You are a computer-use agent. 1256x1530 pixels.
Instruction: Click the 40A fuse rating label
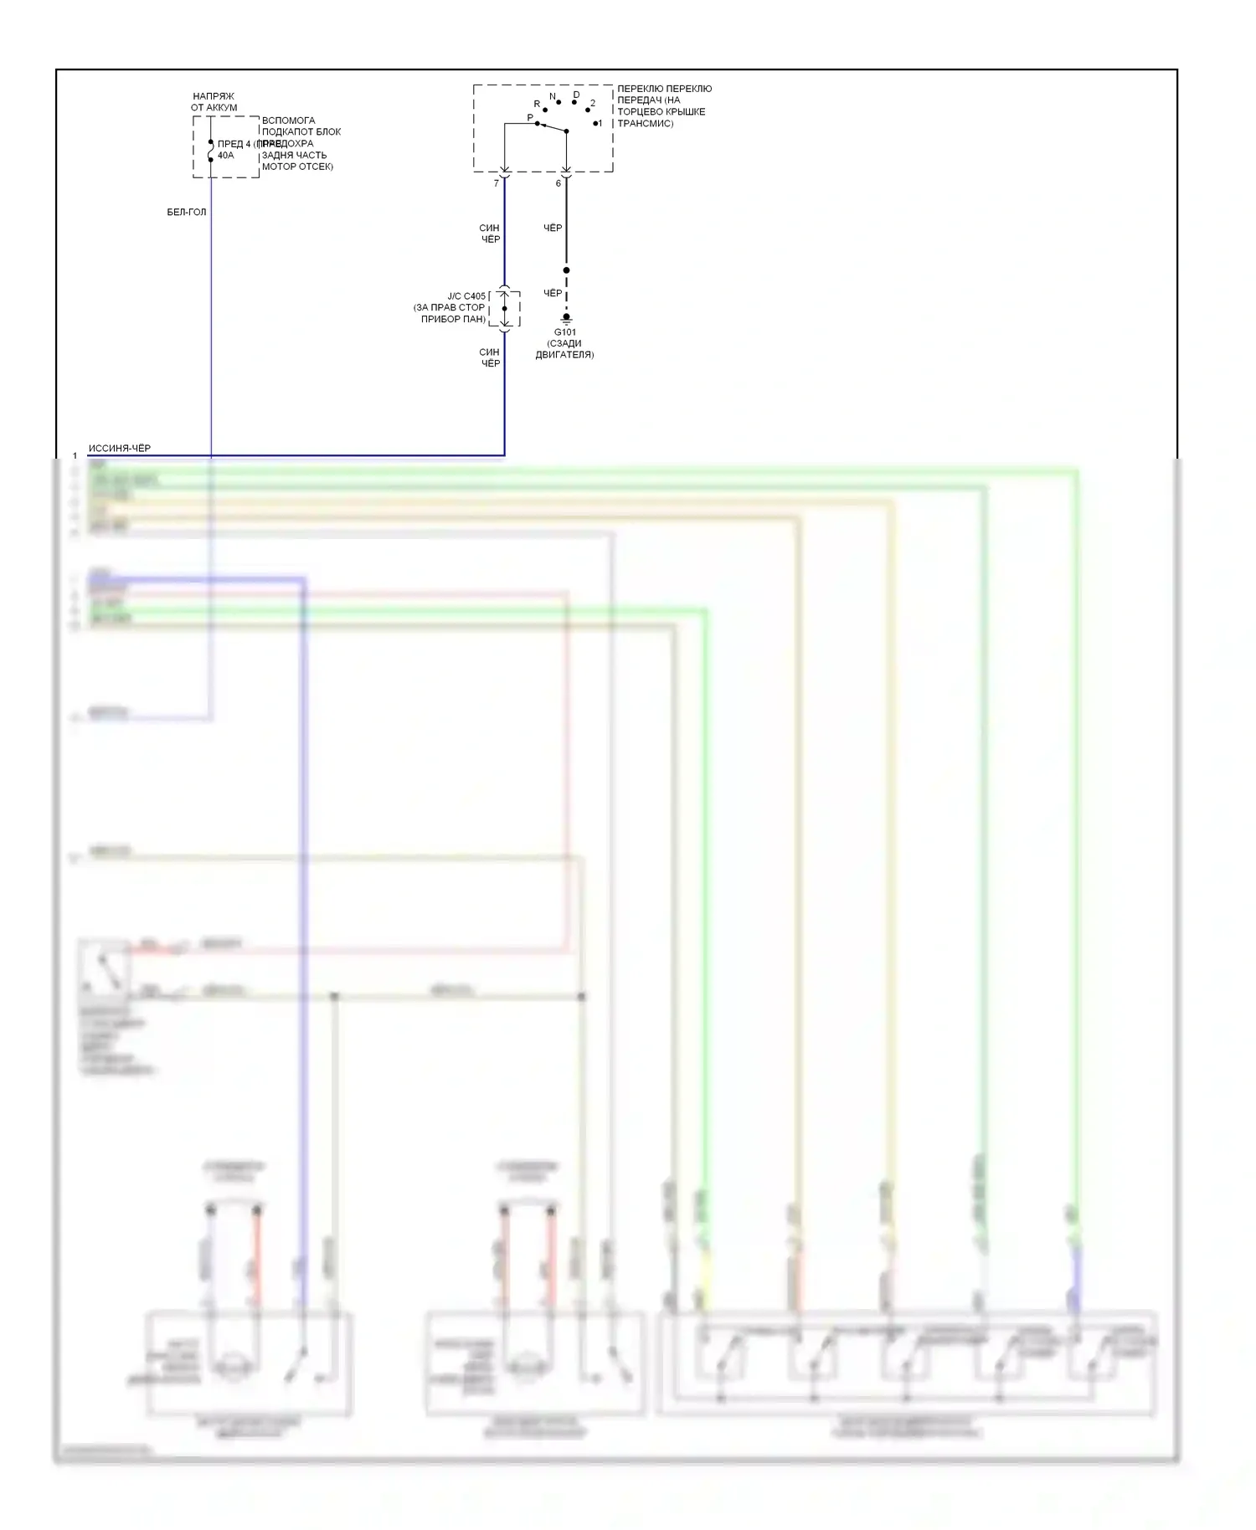tap(225, 156)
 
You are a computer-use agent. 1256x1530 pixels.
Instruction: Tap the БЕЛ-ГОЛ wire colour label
tap(186, 213)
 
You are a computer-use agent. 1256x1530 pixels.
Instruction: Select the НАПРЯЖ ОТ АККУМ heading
tap(214, 102)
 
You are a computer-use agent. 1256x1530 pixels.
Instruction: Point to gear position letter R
tap(538, 105)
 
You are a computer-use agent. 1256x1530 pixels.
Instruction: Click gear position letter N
tap(553, 97)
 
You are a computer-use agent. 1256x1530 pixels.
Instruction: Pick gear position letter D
tap(576, 95)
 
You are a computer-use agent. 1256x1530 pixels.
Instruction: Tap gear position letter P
tap(530, 118)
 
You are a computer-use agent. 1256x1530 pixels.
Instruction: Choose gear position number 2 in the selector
tap(593, 104)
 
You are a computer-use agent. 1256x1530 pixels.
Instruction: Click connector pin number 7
tap(497, 183)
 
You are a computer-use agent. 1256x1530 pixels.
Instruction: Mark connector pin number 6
tap(559, 183)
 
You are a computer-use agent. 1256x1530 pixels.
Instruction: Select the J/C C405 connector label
tap(466, 296)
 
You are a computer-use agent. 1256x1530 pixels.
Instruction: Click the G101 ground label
tap(565, 332)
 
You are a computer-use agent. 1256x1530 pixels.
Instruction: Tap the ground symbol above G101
tap(566, 319)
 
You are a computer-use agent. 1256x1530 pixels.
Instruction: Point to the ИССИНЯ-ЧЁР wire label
tap(120, 449)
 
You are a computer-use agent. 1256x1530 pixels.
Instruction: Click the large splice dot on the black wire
tap(566, 270)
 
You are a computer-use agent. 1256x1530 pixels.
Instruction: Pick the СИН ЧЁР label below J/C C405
tap(490, 357)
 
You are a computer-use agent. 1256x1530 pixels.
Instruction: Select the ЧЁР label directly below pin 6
tap(553, 228)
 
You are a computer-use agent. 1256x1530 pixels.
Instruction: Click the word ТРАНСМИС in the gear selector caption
tap(645, 123)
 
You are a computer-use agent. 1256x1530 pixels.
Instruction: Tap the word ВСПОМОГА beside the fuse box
tap(288, 121)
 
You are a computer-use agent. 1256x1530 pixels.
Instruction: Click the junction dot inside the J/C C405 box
tap(505, 309)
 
